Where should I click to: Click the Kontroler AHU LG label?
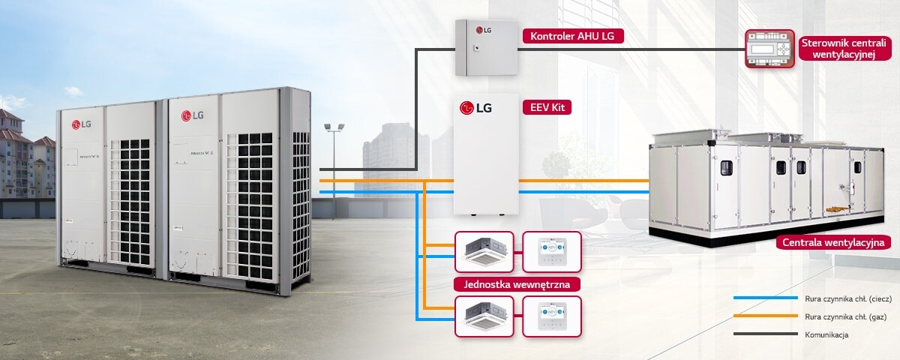(x=572, y=36)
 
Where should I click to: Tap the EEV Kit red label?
(x=546, y=108)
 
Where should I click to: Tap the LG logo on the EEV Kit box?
(x=476, y=108)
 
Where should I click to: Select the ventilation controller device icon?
(x=768, y=50)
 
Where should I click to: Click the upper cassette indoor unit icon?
(x=484, y=251)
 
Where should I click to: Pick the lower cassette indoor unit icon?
(x=484, y=316)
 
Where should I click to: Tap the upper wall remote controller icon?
(x=552, y=251)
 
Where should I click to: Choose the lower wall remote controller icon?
(x=552, y=316)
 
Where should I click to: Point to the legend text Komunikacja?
(x=827, y=334)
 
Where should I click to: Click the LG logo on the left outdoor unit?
(x=81, y=124)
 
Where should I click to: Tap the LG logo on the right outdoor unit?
(x=193, y=115)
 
